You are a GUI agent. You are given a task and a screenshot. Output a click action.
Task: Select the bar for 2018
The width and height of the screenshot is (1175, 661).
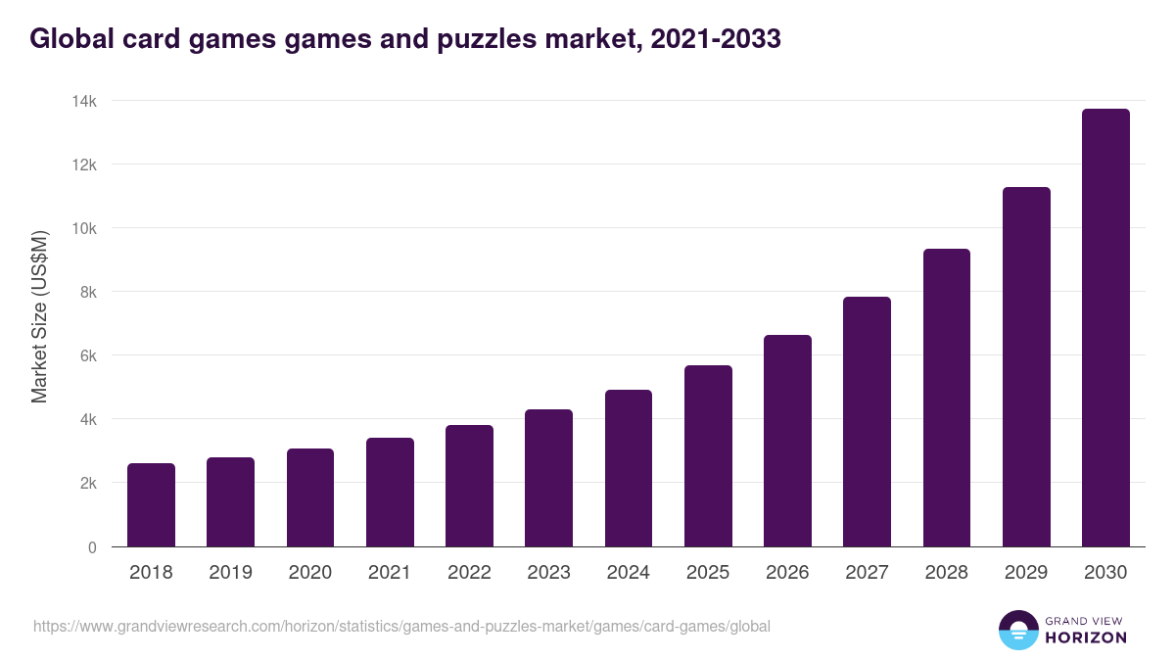click(x=151, y=504)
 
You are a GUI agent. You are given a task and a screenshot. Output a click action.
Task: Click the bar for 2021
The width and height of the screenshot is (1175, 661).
click(x=390, y=492)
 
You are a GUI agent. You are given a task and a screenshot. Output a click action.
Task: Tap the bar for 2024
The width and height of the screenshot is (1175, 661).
click(x=629, y=468)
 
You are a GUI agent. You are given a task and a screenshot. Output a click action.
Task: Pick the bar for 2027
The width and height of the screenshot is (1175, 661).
click(x=867, y=421)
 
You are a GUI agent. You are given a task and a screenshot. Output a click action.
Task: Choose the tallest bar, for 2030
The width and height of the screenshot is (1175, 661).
click(x=1105, y=327)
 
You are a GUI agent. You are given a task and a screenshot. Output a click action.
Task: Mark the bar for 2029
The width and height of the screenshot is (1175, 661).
click(x=1026, y=366)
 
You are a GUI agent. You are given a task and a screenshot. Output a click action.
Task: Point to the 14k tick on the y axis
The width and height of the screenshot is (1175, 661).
click(x=85, y=101)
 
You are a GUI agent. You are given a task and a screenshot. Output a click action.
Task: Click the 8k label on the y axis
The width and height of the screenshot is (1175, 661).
click(x=88, y=292)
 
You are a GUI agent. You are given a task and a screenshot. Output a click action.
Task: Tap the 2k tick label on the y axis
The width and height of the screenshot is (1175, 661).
click(x=88, y=483)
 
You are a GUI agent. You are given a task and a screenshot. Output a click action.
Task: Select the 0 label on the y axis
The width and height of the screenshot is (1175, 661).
click(x=92, y=547)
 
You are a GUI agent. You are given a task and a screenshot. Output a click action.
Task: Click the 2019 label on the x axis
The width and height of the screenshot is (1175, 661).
click(x=230, y=573)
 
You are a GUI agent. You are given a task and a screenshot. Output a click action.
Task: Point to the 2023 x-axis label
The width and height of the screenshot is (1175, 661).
click(x=548, y=573)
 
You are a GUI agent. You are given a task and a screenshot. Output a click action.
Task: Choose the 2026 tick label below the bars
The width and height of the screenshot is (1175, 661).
click(x=787, y=573)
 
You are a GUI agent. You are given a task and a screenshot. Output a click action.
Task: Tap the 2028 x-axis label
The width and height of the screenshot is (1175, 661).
click(x=946, y=573)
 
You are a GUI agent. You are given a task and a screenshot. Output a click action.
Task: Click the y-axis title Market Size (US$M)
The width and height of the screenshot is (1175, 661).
click(x=39, y=317)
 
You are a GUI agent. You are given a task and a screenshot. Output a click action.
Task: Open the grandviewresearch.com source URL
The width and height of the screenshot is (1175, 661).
click(x=401, y=626)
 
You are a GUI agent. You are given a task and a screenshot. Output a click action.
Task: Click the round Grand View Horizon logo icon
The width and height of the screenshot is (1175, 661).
click(x=1017, y=630)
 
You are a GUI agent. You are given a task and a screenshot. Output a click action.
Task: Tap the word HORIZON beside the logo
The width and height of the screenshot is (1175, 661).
click(x=1086, y=637)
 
